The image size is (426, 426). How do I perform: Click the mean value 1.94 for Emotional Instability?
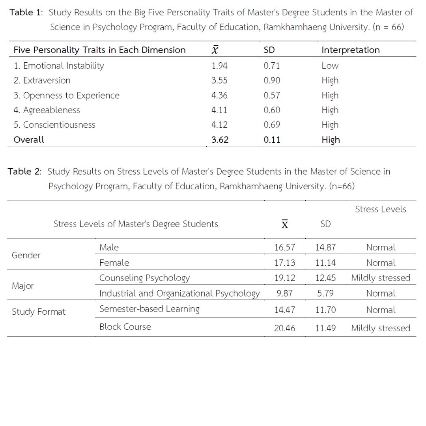(220, 66)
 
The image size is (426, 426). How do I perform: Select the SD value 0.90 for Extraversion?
(272, 80)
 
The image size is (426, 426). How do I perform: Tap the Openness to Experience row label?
(66, 95)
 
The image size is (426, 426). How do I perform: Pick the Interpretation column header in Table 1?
(350, 50)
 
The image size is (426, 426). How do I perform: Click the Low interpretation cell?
(330, 66)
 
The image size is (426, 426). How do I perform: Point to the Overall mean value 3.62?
(220, 140)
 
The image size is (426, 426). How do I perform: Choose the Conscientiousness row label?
(54, 125)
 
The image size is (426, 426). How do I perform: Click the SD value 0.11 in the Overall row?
(272, 140)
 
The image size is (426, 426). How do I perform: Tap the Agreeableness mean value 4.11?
(219, 110)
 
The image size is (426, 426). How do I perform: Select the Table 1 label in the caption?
(26, 12)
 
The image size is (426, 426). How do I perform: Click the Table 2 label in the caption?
(25, 172)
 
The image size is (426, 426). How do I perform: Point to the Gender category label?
(26, 255)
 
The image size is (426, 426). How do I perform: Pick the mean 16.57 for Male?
(284, 248)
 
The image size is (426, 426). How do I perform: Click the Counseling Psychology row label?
(144, 278)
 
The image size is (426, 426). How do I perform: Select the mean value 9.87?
(284, 293)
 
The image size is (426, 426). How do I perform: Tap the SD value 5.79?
(325, 293)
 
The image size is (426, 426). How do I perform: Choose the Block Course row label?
(125, 327)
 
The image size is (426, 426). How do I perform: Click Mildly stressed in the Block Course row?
(381, 328)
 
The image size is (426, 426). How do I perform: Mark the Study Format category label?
(39, 312)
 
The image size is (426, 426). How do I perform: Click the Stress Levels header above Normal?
(380, 209)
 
